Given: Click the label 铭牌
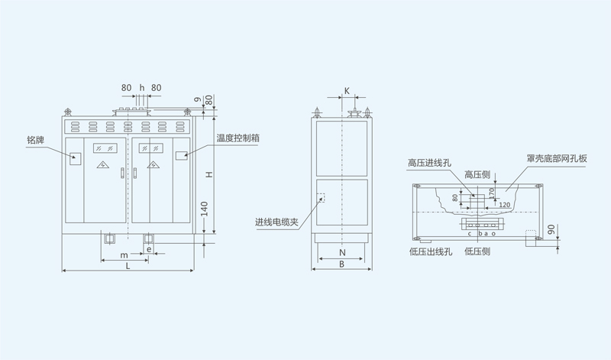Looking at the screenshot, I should [37, 140].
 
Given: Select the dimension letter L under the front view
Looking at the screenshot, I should [128, 265].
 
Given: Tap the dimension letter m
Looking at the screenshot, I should [123, 254].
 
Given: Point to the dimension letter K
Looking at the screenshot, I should [345, 90].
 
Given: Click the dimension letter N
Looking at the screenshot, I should [343, 251].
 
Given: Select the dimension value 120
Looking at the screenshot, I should [505, 206].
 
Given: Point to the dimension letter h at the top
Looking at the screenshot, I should [141, 88].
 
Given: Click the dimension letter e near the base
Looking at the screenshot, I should [149, 248].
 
